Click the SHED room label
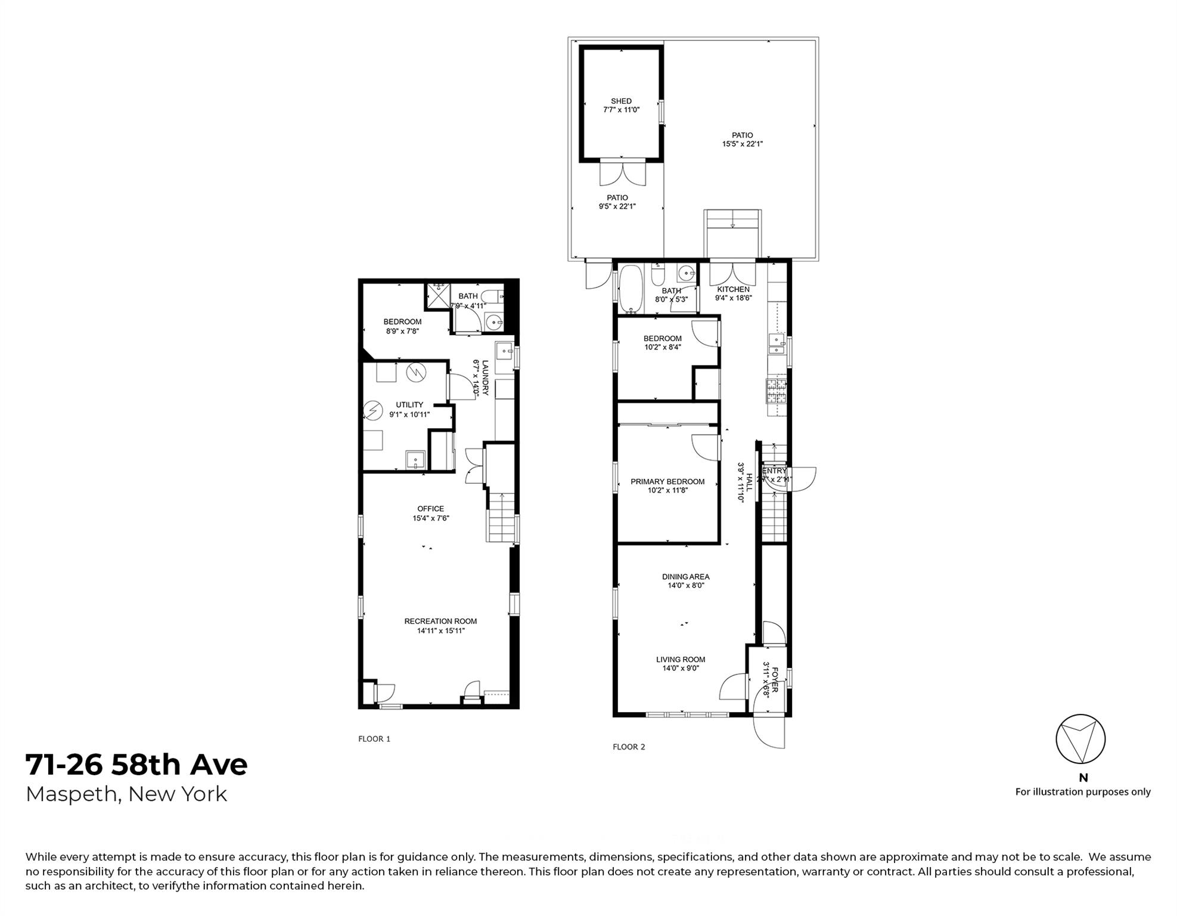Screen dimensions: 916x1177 tap(621, 101)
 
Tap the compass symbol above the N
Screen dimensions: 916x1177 tap(1080, 739)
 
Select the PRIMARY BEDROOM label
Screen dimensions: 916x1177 tap(667, 482)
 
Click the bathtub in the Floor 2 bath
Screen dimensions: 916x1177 tap(630, 289)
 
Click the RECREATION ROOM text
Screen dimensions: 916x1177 tap(440, 621)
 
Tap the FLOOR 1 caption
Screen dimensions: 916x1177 tap(374, 739)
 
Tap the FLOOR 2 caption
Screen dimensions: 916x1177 tap(629, 747)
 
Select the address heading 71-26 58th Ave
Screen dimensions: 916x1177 tap(136, 765)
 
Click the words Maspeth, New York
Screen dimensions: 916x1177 tap(126, 794)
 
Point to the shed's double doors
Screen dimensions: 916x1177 tap(622, 174)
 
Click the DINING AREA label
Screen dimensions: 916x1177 tap(685, 577)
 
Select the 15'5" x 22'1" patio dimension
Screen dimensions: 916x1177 tap(743, 144)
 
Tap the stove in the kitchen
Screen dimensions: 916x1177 tap(776, 391)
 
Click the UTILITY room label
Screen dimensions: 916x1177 tap(409, 405)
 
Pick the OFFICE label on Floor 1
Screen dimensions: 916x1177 tap(430, 509)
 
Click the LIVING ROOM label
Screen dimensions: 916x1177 tap(681, 660)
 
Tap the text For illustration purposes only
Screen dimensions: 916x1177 tap(1083, 792)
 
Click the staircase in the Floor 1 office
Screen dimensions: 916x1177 tap(501, 518)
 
